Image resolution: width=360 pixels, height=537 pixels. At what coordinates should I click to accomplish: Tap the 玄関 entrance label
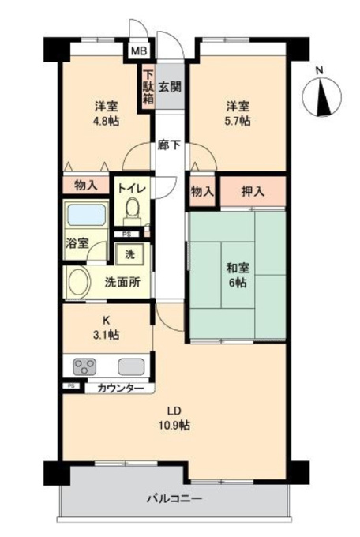(170, 87)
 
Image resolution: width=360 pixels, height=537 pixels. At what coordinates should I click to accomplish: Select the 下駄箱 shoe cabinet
(148, 87)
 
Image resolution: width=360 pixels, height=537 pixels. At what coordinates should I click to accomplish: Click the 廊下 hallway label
(169, 145)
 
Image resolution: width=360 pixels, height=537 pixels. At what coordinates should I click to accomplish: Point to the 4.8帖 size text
(107, 121)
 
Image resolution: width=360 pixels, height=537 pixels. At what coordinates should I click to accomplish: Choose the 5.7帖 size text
(238, 121)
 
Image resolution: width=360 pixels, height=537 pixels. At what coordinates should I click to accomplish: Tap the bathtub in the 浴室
(86, 215)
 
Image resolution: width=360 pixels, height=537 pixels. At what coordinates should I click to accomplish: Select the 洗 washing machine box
(129, 254)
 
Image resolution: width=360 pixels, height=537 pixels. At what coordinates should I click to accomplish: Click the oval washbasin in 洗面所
(80, 281)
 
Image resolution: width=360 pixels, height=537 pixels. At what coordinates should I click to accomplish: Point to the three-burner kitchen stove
(84, 366)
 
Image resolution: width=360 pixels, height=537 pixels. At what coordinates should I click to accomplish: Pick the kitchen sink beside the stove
(131, 366)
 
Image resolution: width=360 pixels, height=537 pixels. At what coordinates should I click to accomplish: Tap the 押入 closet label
(253, 192)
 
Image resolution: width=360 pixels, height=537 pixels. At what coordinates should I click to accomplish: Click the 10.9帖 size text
(174, 426)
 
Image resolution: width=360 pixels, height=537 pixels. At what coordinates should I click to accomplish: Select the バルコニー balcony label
(174, 498)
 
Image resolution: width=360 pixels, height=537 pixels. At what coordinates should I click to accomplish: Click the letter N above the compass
(319, 71)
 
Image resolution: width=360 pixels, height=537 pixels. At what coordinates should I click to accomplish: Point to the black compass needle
(323, 97)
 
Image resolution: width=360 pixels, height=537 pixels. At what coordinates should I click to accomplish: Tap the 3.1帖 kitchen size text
(107, 335)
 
